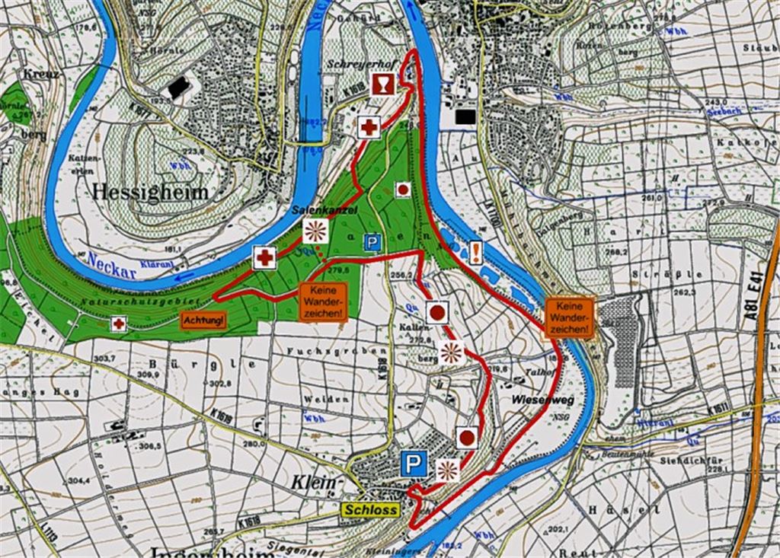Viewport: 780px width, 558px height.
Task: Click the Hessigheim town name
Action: pyautogui.click(x=149, y=192)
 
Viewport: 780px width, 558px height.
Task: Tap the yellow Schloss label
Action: pyautogui.click(x=372, y=509)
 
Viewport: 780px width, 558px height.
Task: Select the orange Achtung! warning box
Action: pyautogui.click(x=203, y=320)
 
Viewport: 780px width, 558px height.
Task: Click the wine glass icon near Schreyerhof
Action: pyautogui.click(x=382, y=85)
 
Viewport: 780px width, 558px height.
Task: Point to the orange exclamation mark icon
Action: pyautogui.click(x=476, y=252)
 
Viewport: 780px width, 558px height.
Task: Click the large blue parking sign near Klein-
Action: pyautogui.click(x=414, y=463)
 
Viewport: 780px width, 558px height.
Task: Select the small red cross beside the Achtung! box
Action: pyautogui.click(x=118, y=324)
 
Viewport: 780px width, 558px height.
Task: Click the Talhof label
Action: pyautogui.click(x=536, y=373)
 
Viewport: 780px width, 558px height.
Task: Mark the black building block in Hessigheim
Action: pyautogui.click(x=179, y=88)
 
